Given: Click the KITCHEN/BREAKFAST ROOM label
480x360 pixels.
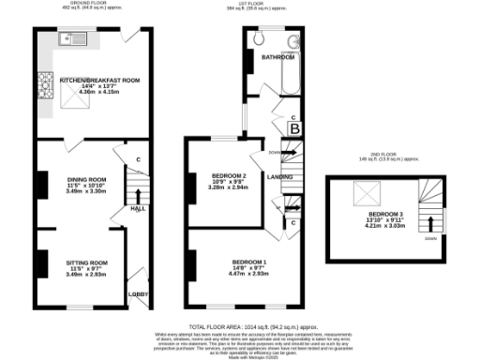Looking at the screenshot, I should [99, 82].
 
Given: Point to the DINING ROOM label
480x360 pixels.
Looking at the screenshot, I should [85, 178].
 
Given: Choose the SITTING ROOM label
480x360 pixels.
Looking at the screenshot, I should [85, 262].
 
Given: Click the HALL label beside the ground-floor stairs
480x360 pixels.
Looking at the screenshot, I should [137, 208].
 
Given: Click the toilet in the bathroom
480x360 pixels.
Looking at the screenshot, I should [260, 39].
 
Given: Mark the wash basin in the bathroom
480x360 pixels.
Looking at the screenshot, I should [293, 41].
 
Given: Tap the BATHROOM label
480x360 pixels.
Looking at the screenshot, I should [278, 57].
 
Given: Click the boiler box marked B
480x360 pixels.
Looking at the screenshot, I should [293, 127].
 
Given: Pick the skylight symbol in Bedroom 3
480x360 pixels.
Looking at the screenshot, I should [363, 193].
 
